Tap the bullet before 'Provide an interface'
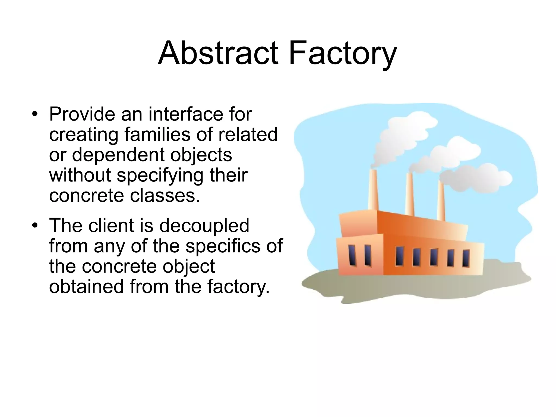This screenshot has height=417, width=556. tap(34, 114)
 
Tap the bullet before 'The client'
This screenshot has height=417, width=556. tap(34, 226)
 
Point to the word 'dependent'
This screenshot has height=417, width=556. tap(118, 155)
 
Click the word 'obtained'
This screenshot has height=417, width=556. tap(86, 287)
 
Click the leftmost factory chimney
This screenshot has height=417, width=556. tap(373, 190)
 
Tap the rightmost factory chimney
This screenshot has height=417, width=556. tap(441, 201)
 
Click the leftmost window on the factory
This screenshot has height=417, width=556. tap(352, 255)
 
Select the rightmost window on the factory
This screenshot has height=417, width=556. tap(466, 258)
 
